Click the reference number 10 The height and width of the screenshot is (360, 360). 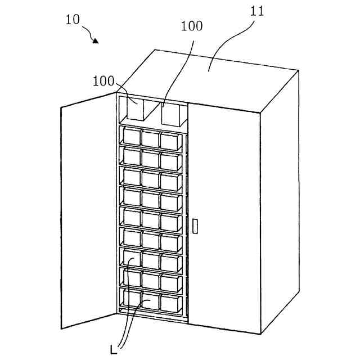pos(73,20)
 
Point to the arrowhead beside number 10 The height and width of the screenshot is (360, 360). pos(96,40)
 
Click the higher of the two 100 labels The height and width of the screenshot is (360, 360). pos(192,26)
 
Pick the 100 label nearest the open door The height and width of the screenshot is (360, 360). pos(103,81)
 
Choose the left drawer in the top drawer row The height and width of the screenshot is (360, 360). pos(132,137)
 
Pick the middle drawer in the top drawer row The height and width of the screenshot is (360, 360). pos(150,138)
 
